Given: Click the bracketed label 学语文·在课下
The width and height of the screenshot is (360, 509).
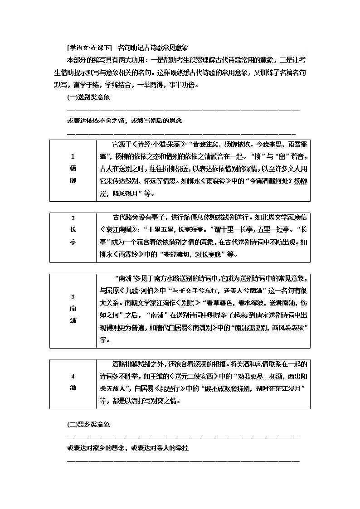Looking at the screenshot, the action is click(89, 47).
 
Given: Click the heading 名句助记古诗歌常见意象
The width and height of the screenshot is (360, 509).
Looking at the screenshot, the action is click(153, 47).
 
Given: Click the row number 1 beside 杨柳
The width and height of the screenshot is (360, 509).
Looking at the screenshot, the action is click(73, 156).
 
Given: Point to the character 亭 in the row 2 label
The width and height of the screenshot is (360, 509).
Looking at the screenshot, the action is click(73, 242).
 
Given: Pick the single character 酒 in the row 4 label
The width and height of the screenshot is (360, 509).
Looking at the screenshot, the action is click(73, 388).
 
